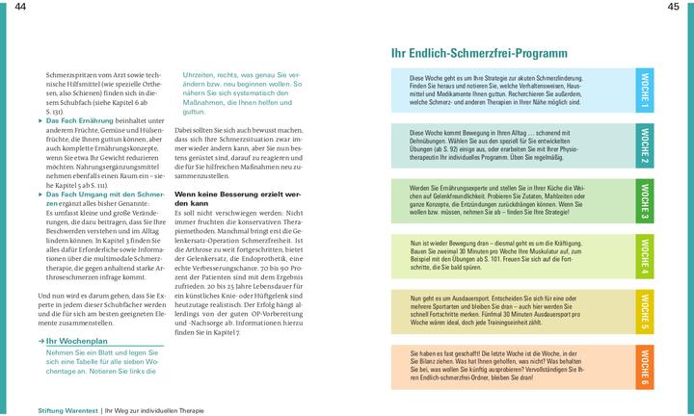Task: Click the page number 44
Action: click(x=20, y=8)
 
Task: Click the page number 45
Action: click(x=674, y=8)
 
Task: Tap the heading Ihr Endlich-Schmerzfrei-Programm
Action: click(x=478, y=53)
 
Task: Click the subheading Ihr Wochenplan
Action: click(x=80, y=341)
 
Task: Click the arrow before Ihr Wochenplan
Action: click(x=41, y=341)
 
